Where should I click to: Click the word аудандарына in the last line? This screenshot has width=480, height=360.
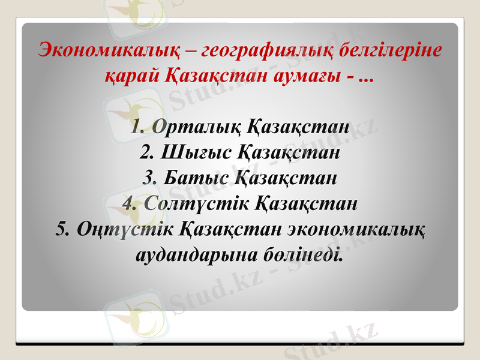tap(187, 256)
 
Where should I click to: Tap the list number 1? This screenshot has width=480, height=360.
tap(136, 127)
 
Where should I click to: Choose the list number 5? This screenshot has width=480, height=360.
tap(61, 230)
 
